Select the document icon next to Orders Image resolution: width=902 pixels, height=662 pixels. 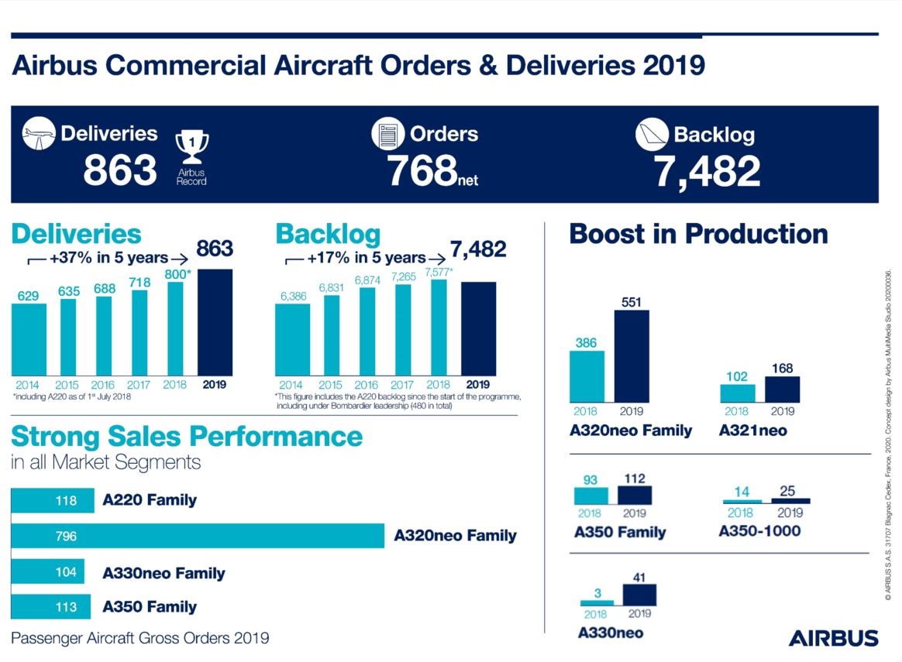[x=387, y=134]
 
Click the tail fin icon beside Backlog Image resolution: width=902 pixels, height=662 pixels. [x=652, y=135]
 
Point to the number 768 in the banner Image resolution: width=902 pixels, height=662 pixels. [x=421, y=170]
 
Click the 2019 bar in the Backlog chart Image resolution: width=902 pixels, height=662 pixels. [x=478, y=328]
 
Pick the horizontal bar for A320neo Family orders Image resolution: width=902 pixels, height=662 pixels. [x=198, y=536]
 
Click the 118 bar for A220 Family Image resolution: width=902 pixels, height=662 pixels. [x=52, y=500]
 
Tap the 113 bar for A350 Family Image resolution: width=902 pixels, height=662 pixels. [x=50, y=607]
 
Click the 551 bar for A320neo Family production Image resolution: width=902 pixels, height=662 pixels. [x=632, y=356]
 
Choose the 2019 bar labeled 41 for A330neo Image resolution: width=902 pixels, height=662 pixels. [x=639, y=594]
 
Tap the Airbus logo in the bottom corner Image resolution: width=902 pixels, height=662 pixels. [x=833, y=638]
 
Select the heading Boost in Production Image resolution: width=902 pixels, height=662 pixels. [x=698, y=234]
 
